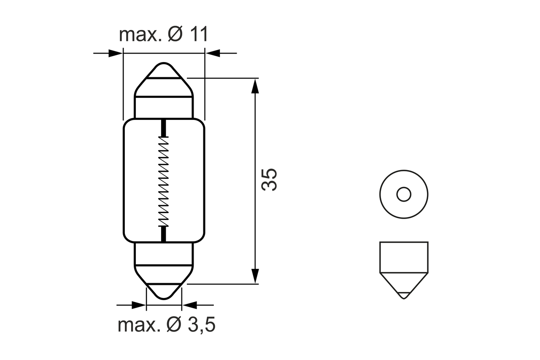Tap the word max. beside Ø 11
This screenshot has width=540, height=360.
[140, 35]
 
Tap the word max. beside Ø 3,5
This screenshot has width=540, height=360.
[139, 325]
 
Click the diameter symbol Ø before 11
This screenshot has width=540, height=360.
[175, 35]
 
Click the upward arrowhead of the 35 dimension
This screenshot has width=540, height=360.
[254, 86]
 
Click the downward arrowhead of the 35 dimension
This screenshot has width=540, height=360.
[254, 276]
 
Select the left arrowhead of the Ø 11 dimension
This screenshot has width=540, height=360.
[116, 54]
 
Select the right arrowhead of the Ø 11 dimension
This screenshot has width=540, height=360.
[212, 54]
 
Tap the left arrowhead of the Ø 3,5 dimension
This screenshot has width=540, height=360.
[139, 305]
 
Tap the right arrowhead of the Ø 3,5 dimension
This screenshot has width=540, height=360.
[189, 305]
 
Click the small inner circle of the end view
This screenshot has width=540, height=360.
[404, 195]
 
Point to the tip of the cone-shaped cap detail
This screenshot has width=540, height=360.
[404, 297]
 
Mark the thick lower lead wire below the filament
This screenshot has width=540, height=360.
[163, 234]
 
